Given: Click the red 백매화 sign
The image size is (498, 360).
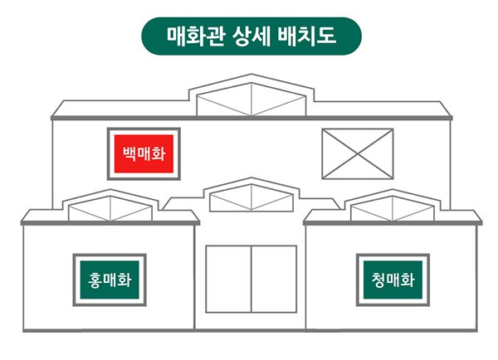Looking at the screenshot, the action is pos(144,153).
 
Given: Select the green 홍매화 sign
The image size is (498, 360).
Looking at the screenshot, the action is pos(110,280).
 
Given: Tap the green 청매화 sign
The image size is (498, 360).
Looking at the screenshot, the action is pos(392,280).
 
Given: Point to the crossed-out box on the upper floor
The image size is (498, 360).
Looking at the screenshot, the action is pos(357,153).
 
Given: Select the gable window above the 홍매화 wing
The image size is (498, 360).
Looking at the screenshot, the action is pos(110,208).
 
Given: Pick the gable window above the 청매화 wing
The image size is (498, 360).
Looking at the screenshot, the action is pos(392,208).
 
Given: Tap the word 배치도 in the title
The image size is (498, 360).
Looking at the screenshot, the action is pos(315,36).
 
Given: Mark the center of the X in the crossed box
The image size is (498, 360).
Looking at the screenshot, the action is pos(357,153).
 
